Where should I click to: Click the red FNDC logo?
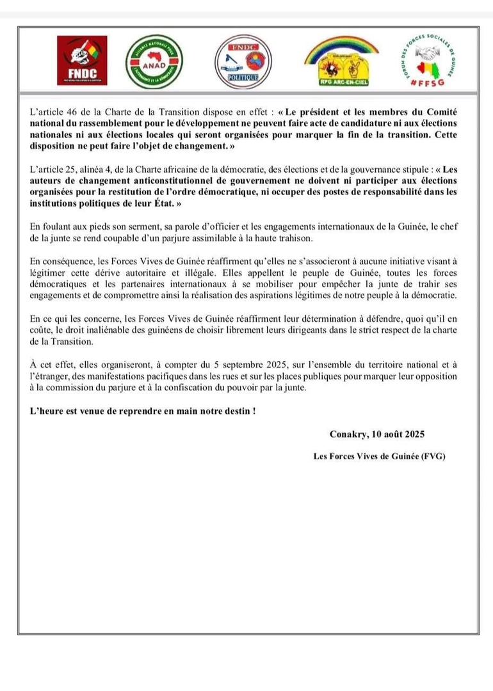(x=81, y=61)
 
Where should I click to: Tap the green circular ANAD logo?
(x=154, y=61)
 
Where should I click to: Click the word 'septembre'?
(x=200, y=365)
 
